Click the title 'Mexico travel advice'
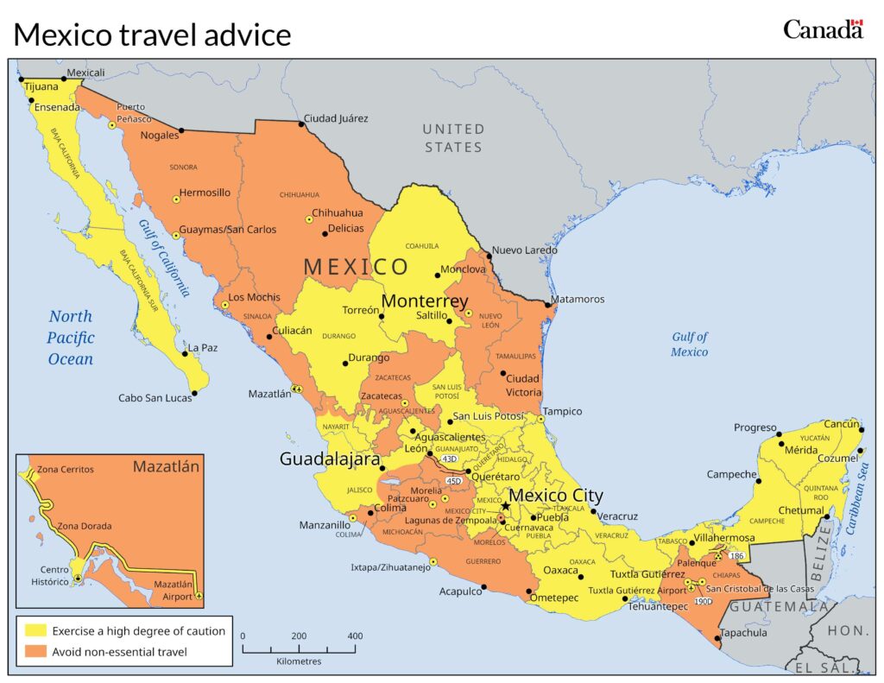(x=152, y=35)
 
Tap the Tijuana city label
(x=41, y=87)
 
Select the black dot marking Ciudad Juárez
(x=301, y=124)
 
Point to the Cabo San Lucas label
(x=155, y=399)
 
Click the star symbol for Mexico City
(x=506, y=506)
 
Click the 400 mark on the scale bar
(x=354, y=636)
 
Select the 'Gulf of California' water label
(x=163, y=257)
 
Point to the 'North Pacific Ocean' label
(x=70, y=338)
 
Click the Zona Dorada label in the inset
(x=84, y=526)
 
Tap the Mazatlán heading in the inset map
(x=166, y=467)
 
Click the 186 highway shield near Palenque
(x=736, y=556)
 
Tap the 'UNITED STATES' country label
(x=453, y=138)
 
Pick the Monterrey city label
(x=425, y=301)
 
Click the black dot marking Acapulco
(x=484, y=587)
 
